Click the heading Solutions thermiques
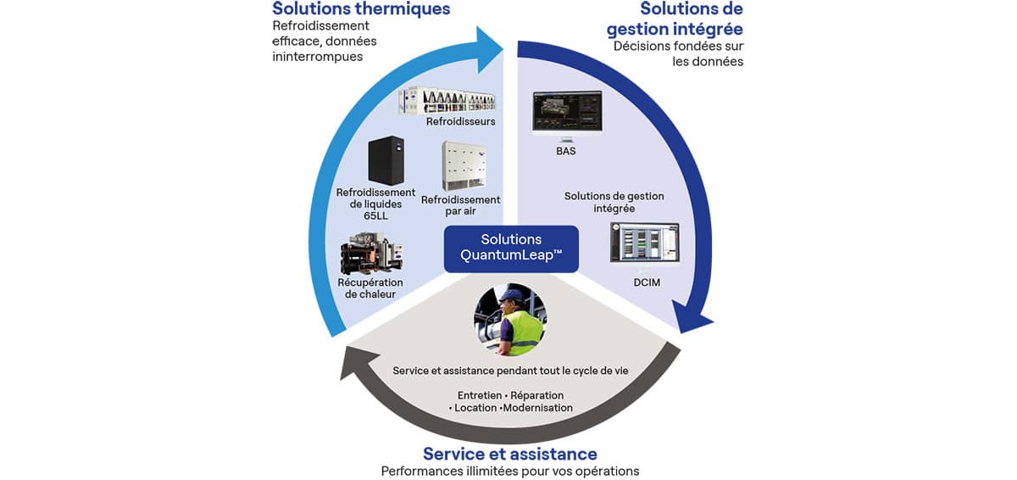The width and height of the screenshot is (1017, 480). coord(360,9)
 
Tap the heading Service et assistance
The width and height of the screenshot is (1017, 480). coord(510,453)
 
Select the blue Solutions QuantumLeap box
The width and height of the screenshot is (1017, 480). coord(511,248)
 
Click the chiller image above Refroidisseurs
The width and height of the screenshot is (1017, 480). coord(447,101)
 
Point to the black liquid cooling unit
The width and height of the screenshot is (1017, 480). coord(386,160)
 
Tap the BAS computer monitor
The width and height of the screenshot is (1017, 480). coord(566,114)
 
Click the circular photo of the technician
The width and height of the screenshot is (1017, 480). coord(508,320)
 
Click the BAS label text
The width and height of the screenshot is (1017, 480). coord(564,151)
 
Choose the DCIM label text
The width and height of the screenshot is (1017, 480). coord(646,282)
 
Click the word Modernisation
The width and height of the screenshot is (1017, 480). coord(536,408)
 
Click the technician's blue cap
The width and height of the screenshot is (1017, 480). coord(509,293)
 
